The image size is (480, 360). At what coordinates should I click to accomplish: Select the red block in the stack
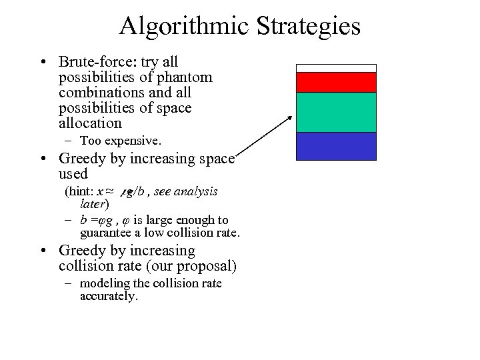[336, 82]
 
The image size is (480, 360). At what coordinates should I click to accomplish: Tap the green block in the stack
[336, 112]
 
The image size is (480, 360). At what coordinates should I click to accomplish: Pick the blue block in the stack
[336, 146]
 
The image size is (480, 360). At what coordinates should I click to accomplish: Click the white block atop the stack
[336, 68]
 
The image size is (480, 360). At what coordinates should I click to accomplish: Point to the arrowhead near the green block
[290, 118]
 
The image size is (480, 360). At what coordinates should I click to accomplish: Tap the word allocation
[90, 123]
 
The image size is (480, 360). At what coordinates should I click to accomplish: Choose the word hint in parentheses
[79, 192]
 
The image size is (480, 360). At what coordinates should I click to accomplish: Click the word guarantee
[105, 233]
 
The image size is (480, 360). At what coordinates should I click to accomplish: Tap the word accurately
[108, 296]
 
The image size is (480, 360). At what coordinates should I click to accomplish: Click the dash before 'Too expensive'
[69, 141]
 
